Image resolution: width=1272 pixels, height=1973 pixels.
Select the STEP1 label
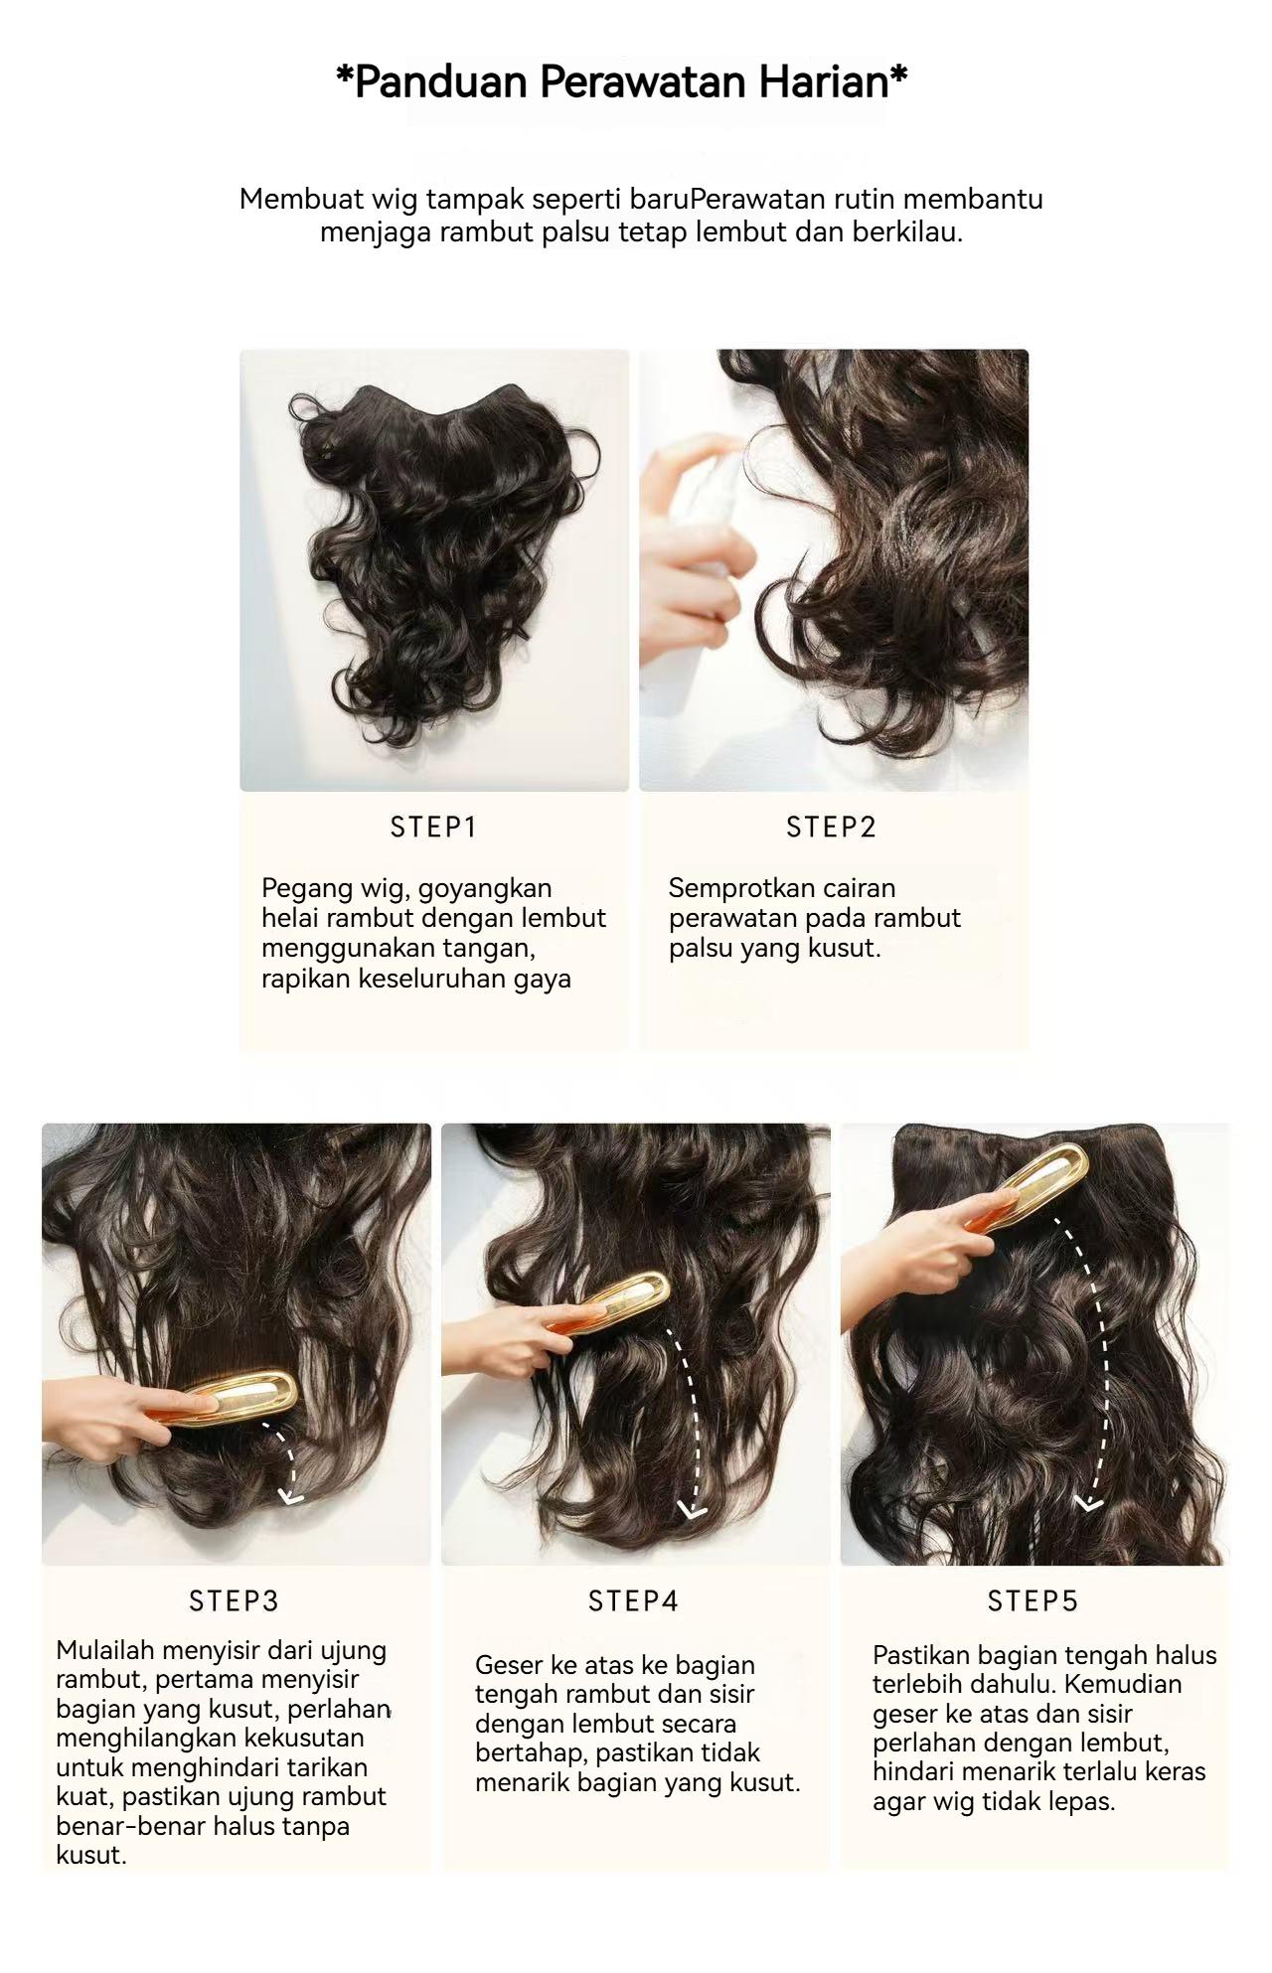pyautogui.click(x=433, y=828)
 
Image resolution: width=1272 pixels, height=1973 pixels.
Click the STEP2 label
pyautogui.click(x=831, y=828)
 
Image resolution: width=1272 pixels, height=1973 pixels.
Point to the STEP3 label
pyautogui.click(x=235, y=1601)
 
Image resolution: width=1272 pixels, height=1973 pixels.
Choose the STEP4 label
pyautogui.click(x=633, y=1601)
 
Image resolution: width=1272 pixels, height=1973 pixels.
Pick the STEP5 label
pyautogui.click(x=1033, y=1601)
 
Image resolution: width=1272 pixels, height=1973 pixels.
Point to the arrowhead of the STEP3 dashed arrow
pyautogui.click(x=290, y=1496)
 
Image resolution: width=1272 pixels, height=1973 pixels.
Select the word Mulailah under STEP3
pyautogui.click(x=104, y=1651)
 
